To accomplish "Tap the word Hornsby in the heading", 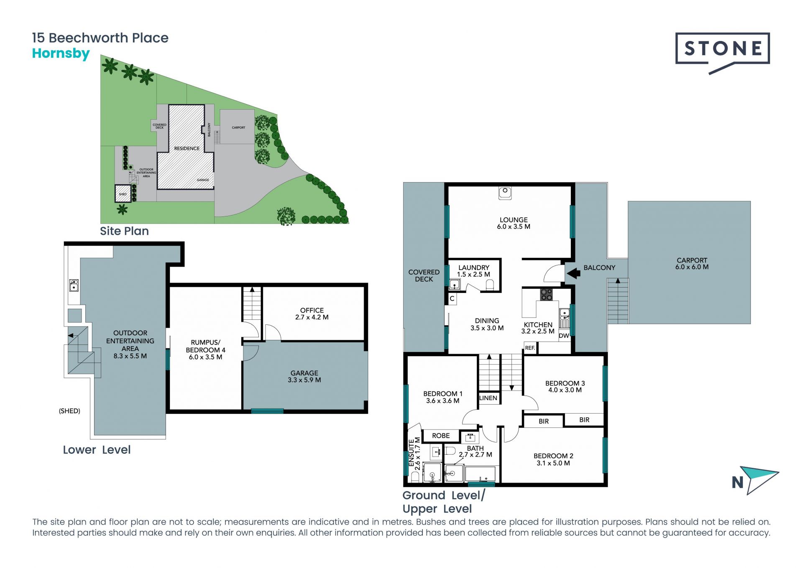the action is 61,54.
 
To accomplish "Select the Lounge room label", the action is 514,223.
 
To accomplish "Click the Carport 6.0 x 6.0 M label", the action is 692,264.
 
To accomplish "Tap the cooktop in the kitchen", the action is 546,294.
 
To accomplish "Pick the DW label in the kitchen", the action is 564,336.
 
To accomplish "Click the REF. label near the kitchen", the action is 530,348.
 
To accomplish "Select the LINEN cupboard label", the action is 488,398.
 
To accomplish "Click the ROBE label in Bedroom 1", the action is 441,436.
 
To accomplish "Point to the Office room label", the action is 312,314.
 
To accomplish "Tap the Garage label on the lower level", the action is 304,376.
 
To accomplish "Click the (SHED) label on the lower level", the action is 69,411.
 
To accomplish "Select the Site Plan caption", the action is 124,231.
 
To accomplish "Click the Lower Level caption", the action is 97,450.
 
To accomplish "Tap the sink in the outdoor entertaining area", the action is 74,285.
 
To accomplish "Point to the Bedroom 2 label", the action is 553,460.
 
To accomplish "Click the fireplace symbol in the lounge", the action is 505,193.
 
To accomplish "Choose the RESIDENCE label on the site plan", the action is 187,149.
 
